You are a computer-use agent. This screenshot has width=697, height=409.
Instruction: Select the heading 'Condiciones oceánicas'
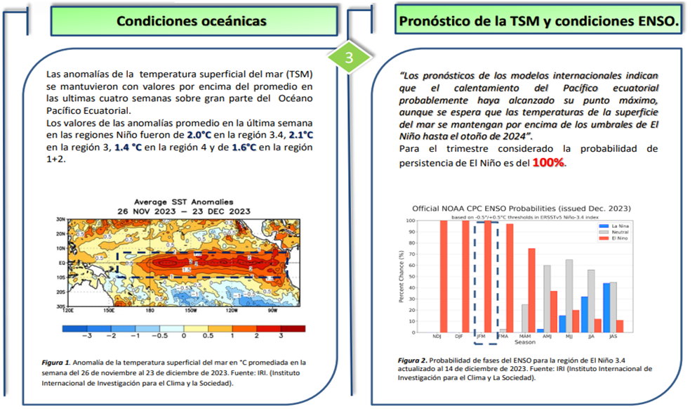click(x=191, y=21)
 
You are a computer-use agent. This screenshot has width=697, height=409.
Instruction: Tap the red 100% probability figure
click(x=548, y=162)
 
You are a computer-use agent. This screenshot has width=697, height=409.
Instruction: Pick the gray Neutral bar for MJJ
click(x=569, y=296)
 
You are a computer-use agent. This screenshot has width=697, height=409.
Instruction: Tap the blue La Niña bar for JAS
click(x=606, y=308)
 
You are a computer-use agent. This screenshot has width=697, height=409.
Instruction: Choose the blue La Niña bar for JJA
click(x=584, y=314)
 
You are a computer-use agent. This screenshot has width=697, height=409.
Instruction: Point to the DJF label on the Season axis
click(x=459, y=337)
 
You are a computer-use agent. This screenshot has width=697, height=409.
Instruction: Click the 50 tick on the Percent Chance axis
click(x=411, y=276)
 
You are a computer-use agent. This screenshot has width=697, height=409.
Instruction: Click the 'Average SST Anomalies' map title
click(x=184, y=202)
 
